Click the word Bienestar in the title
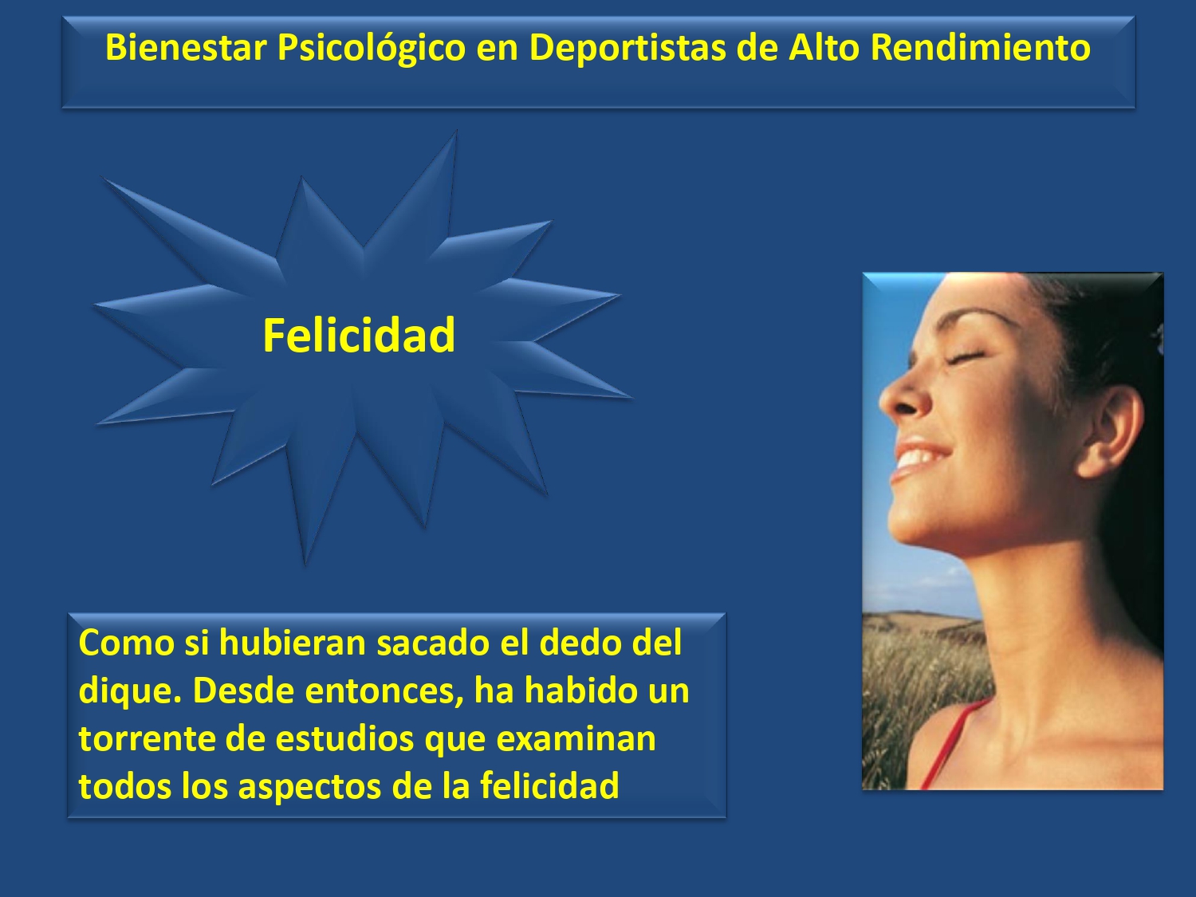click(186, 47)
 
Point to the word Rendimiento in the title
click(980, 47)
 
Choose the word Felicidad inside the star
click(359, 336)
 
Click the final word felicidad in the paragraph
click(549, 786)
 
